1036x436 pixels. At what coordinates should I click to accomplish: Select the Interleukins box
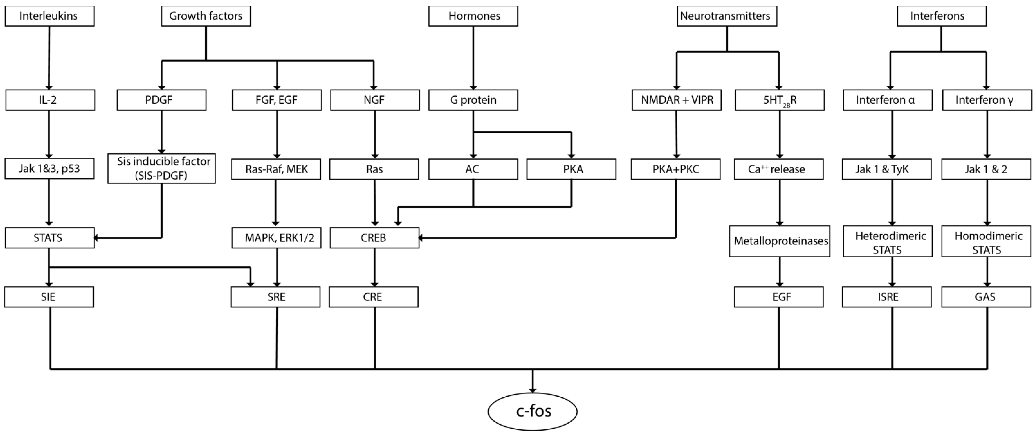coord(50,16)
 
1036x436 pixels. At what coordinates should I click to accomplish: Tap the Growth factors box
coord(206,16)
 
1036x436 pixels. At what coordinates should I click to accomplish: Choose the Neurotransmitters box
coord(727,16)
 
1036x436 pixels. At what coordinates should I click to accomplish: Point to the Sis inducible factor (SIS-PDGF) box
coord(162,168)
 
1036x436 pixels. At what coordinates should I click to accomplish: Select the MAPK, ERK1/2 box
coord(276,238)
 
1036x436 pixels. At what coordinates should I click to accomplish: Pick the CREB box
coord(374,238)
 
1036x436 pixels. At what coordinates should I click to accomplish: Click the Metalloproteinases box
coord(779,241)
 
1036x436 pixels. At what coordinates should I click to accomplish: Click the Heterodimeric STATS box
coord(887,242)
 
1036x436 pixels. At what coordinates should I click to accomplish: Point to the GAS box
coord(986,297)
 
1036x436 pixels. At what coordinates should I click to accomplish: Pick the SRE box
coord(275,297)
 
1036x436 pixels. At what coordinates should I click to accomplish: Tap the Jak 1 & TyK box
coord(886,169)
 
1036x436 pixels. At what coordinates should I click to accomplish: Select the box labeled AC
coord(473,169)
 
